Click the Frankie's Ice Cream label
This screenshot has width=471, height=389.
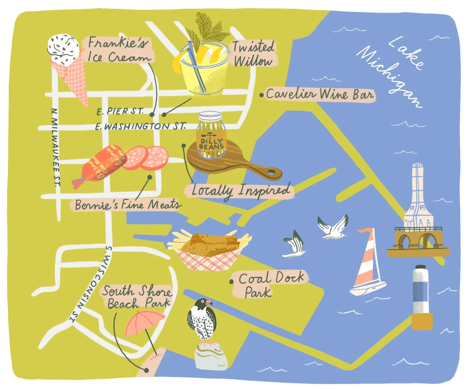click(x=118, y=50)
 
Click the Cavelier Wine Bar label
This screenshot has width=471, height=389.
click(x=320, y=94)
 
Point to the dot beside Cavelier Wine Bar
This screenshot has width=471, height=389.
click(x=261, y=95)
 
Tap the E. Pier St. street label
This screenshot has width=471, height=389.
click(x=120, y=111)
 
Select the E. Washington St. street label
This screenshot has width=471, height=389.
click(x=140, y=126)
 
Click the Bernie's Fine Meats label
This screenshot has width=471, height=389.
click(x=127, y=205)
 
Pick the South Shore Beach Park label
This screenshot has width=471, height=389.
click(x=137, y=297)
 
